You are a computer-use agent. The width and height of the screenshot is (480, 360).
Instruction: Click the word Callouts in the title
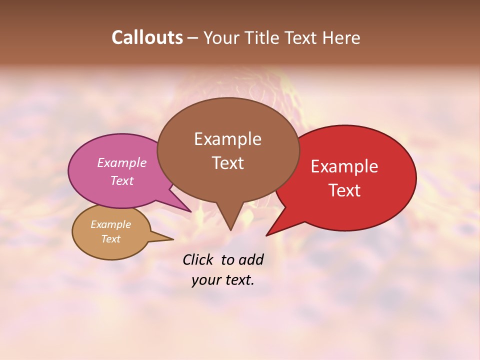tap(147, 38)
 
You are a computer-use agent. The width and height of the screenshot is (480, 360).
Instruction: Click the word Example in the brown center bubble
tap(227, 139)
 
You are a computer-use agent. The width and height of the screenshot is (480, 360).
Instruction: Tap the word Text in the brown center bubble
tap(227, 163)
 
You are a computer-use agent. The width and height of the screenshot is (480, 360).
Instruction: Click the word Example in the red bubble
tap(344, 166)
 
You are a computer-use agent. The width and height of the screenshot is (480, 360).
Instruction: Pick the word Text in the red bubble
tap(344, 190)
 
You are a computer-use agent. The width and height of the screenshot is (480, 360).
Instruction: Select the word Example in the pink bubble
tap(122, 162)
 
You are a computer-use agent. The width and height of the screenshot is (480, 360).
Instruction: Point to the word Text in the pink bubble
tap(122, 180)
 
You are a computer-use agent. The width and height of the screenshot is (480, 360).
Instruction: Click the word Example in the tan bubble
tap(111, 224)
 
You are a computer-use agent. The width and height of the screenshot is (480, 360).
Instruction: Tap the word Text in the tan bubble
tap(111, 239)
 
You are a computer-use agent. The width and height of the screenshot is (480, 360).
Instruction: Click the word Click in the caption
tap(198, 259)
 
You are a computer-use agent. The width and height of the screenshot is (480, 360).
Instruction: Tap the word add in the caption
tap(250, 259)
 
